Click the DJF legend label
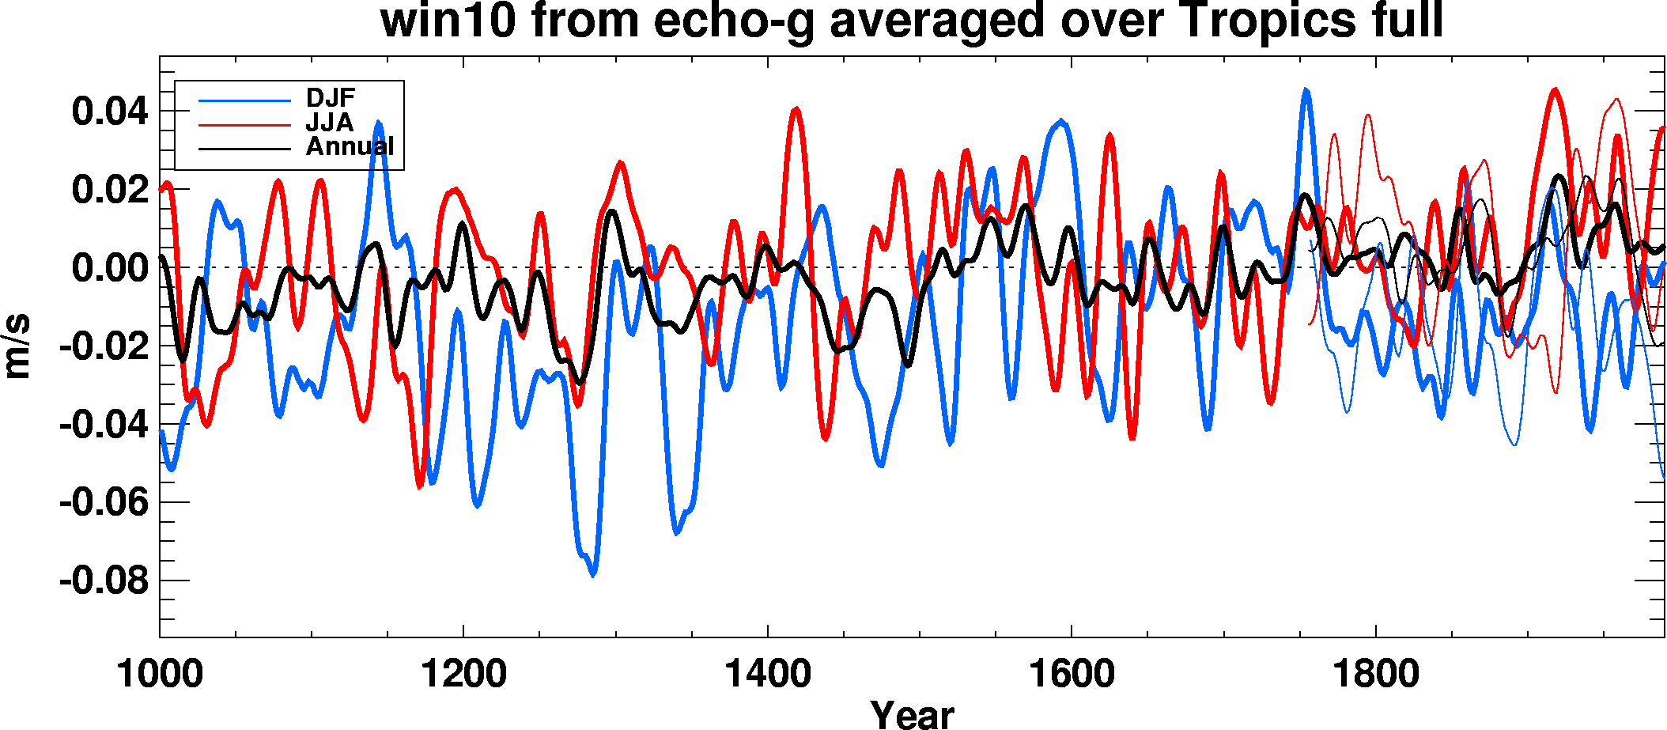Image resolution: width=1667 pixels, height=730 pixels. [331, 98]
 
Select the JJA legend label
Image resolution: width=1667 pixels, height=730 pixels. [329, 123]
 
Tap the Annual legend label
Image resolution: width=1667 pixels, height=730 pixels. [350, 146]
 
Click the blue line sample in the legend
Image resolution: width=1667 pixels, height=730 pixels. [244, 100]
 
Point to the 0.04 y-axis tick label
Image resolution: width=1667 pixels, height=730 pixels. [110, 111]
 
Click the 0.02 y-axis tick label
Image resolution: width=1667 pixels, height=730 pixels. [110, 190]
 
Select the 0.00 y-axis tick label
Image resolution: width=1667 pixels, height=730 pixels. [110, 268]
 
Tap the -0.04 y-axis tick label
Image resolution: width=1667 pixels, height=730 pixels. [104, 425]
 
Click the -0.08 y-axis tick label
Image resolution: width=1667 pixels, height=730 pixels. [104, 581]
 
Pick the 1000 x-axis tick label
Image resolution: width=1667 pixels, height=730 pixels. [160, 675]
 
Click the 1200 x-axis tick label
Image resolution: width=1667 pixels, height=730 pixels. [463, 675]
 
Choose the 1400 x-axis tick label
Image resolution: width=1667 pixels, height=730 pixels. [768, 675]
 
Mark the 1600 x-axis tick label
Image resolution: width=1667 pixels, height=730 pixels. [1072, 675]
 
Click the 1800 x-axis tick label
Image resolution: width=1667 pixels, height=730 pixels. [1376, 675]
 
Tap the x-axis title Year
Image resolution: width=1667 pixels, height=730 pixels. [912, 714]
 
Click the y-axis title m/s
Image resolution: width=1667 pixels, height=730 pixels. [17, 346]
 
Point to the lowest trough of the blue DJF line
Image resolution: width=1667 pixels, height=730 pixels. [593, 574]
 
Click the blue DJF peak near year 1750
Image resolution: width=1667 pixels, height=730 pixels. [1306, 91]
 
